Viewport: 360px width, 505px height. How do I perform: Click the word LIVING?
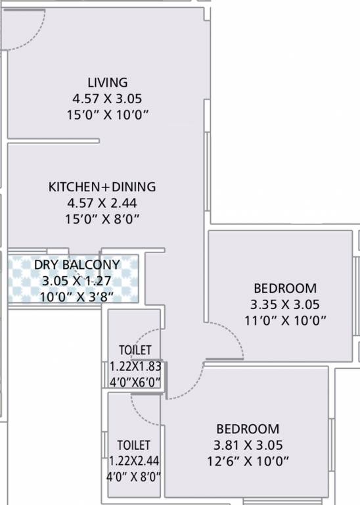click(107, 83)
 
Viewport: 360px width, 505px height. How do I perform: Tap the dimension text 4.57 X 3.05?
click(107, 99)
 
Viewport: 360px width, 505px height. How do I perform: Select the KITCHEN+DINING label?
click(102, 187)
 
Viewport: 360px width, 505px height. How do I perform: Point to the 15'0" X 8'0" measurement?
click(102, 219)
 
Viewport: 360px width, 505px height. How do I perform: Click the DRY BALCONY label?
click(77, 265)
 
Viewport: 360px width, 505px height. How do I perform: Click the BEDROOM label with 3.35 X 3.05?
click(285, 288)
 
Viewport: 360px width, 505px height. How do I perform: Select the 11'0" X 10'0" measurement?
click(285, 320)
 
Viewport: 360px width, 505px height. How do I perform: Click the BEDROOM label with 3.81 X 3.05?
click(247, 429)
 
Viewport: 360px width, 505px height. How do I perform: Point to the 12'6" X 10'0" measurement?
click(247, 461)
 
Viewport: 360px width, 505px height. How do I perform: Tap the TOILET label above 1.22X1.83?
click(135, 350)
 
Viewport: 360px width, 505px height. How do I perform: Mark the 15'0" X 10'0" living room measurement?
click(107, 115)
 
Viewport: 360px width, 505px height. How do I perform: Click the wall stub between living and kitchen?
click(54, 140)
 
